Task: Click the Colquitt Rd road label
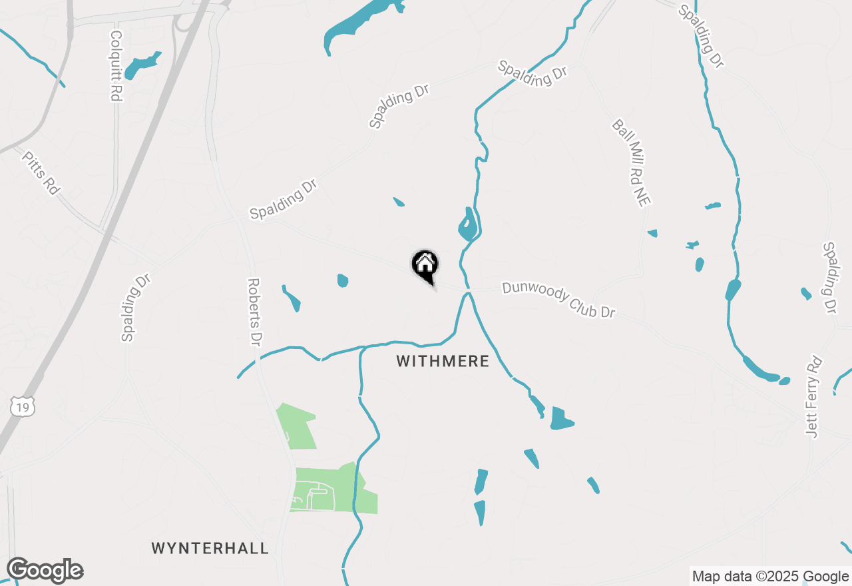pyautogui.click(x=116, y=66)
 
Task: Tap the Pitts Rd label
pyautogui.click(x=41, y=172)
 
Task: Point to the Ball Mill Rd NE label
pyautogui.click(x=631, y=163)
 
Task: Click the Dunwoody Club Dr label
pyautogui.click(x=558, y=299)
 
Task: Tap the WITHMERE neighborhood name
pyautogui.click(x=443, y=361)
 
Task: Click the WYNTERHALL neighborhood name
pyautogui.click(x=210, y=548)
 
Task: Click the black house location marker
pyautogui.click(x=425, y=265)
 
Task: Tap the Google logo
pyautogui.click(x=45, y=570)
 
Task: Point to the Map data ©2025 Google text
pyautogui.click(x=770, y=577)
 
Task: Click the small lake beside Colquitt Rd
pyautogui.click(x=142, y=66)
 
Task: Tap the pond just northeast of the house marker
pyautogui.click(x=467, y=226)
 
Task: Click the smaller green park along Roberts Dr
pyautogui.click(x=296, y=426)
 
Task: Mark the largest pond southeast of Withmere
pyautogui.click(x=561, y=419)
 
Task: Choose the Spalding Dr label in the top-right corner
pyautogui.click(x=701, y=36)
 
